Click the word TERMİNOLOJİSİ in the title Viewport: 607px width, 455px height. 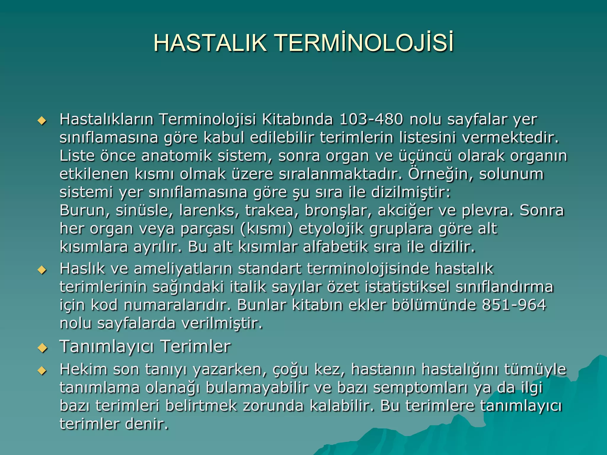tap(365, 43)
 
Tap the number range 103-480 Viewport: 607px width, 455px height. tap(371, 119)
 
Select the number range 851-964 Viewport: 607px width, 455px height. tap(514, 305)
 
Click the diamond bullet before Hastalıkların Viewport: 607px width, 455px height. tap(42, 121)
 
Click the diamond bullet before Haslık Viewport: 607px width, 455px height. tap(42, 270)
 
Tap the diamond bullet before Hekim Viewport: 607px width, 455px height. tap(42, 370)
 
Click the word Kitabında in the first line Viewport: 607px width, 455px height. tap(297, 119)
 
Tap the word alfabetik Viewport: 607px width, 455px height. tap(335, 247)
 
